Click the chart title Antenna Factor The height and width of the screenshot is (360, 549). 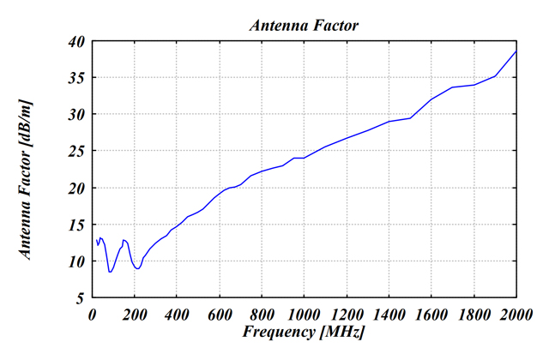coord(304,26)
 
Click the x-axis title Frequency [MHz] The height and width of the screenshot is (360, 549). coord(304,332)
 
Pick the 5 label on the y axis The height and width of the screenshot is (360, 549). coord(80,298)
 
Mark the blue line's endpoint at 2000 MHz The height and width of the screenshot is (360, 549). coord(516,51)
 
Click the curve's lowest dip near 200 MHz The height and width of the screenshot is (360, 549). coord(136,268)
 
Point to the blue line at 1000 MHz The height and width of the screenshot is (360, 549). coord(304,158)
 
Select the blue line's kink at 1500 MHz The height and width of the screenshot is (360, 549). coord(410,117)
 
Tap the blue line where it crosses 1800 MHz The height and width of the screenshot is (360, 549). coord(474,85)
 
